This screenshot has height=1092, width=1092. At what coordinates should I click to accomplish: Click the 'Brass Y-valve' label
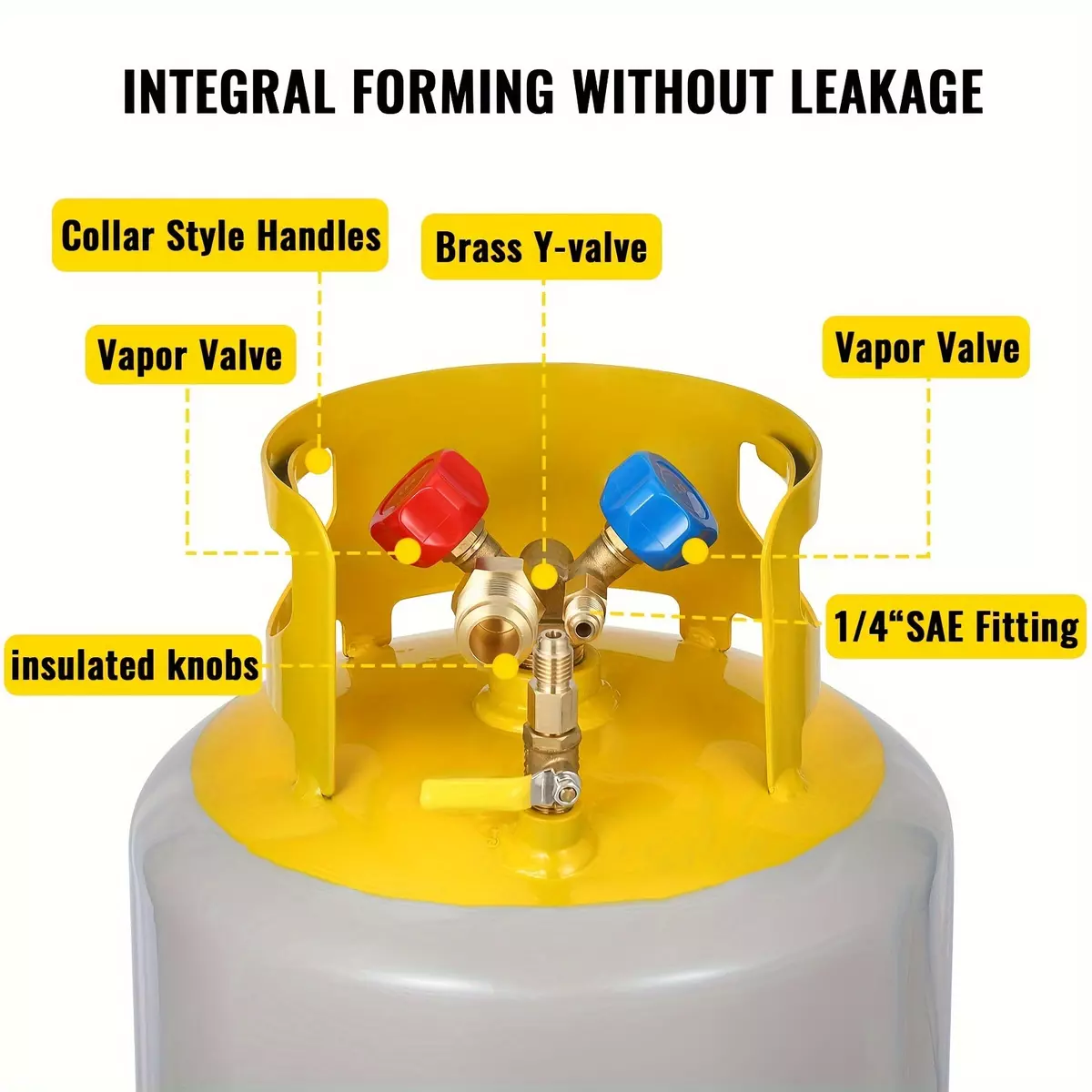pos(541,247)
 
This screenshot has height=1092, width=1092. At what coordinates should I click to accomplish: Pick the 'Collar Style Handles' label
pos(220,235)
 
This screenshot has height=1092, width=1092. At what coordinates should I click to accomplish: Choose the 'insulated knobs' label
pos(134,664)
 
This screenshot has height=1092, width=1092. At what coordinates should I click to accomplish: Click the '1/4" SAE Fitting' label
pos(956,626)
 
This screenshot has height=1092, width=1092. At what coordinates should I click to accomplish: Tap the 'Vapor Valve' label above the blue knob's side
pos(926,346)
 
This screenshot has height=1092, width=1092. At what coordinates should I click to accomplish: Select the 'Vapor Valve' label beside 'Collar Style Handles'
pos(190,354)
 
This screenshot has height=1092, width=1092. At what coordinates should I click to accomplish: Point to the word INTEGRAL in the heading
pos(228,91)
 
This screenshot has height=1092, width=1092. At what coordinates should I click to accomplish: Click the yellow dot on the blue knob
pos(694,551)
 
